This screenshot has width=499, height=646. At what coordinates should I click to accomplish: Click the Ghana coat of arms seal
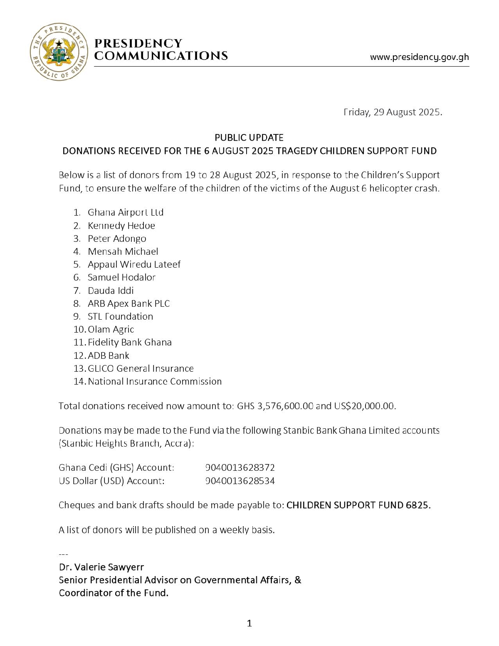point(59,52)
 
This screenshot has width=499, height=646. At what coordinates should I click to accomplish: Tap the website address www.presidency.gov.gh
point(419,57)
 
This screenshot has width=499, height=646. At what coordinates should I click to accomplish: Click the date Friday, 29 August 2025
point(393,112)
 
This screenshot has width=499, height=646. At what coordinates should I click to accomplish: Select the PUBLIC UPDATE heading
point(249,137)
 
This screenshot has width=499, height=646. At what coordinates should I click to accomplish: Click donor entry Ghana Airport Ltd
point(126,212)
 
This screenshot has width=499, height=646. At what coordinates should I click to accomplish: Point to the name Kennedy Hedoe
point(121,226)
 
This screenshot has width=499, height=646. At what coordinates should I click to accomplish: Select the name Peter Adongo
point(117,239)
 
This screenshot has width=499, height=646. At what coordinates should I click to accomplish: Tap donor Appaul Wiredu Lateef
point(134,264)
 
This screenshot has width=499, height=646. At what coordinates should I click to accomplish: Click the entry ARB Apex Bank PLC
point(128,303)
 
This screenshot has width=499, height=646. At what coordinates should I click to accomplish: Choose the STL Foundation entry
point(120,316)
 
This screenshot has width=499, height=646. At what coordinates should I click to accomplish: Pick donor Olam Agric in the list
point(111,329)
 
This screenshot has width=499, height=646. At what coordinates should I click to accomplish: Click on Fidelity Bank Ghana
point(130,342)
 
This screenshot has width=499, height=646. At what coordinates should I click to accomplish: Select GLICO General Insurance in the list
point(141,368)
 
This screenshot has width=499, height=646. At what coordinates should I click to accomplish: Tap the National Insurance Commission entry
point(155,381)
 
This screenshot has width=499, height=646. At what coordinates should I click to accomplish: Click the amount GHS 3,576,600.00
point(275,406)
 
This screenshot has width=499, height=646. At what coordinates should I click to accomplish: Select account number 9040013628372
point(240,467)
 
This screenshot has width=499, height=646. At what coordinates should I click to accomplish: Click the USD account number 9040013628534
point(240,481)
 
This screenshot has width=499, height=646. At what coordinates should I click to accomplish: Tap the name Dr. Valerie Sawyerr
point(101,567)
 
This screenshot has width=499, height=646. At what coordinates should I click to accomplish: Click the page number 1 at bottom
point(249,623)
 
